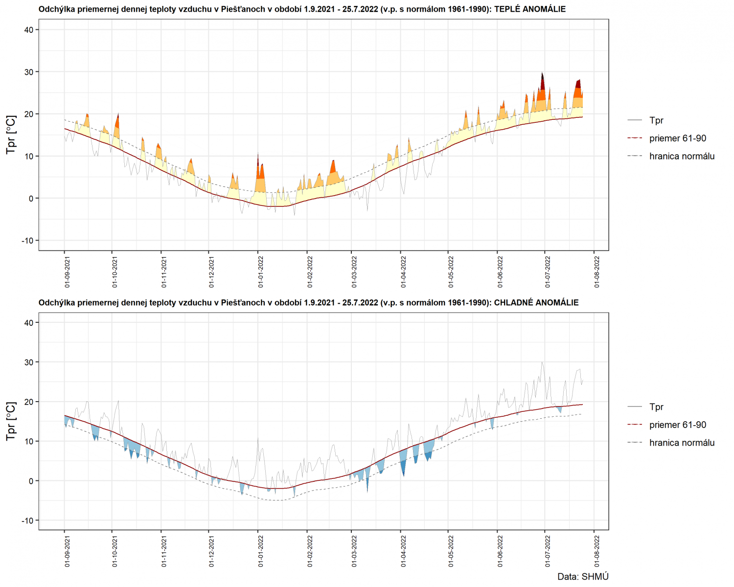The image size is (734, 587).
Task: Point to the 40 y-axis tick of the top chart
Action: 29,30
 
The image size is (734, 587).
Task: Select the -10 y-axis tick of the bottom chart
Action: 27,520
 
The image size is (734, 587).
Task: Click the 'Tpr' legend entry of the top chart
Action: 656,120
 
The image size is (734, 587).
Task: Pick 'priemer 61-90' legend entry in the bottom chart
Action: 678,425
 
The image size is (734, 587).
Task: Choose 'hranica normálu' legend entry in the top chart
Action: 682,157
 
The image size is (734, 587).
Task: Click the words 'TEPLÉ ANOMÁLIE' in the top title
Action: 530,9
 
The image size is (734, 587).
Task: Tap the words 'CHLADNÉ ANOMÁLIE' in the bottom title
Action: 536,303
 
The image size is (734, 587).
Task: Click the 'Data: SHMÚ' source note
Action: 583,577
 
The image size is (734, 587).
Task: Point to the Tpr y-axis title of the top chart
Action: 11,135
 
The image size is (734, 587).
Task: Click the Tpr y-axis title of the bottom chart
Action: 11,421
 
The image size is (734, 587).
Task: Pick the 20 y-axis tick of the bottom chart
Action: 29,402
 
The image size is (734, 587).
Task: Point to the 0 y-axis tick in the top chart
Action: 31,199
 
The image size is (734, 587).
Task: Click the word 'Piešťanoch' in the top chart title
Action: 243,9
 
